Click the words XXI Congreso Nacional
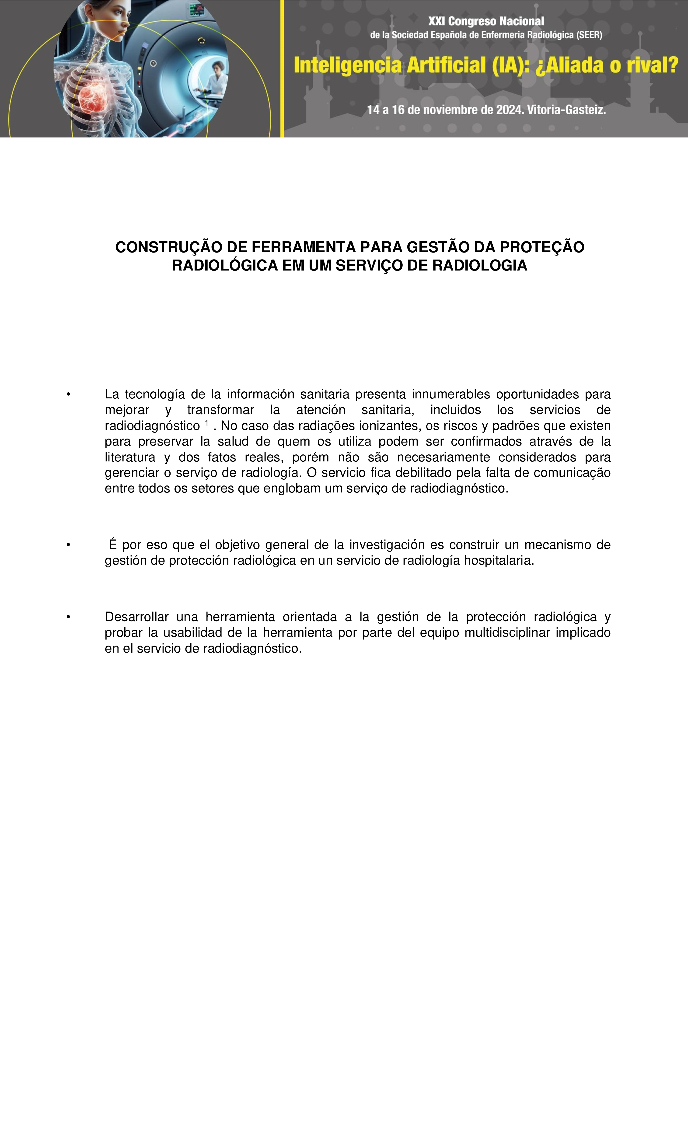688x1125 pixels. (486, 21)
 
